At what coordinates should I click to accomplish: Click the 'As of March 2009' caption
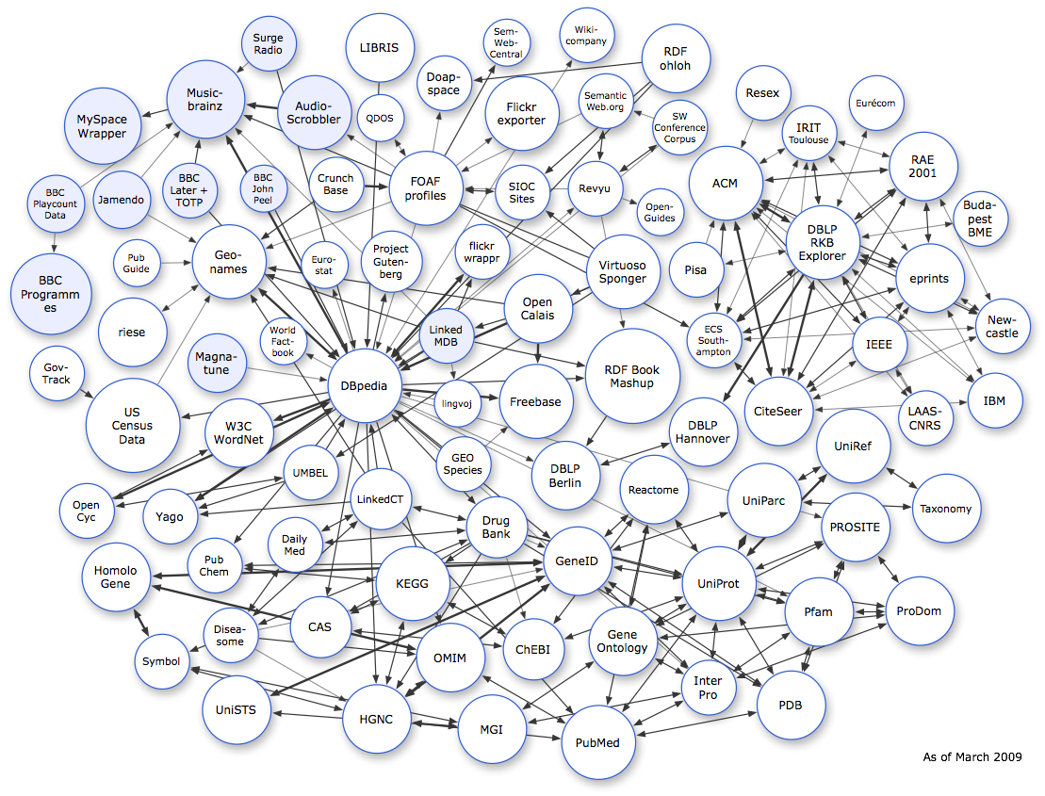coord(972,756)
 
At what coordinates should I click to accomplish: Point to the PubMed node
coord(591,742)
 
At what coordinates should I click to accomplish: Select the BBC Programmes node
coord(51,294)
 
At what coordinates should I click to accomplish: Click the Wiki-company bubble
coord(585,41)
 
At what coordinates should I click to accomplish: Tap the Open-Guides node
coord(660,211)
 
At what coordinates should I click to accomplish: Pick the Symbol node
coord(161,661)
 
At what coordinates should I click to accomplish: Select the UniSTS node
coord(236,709)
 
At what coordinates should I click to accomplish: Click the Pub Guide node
coord(137,263)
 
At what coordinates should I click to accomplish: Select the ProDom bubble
coord(919,610)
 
